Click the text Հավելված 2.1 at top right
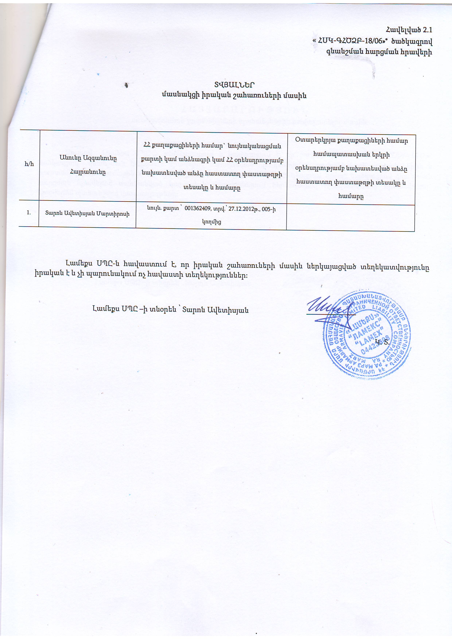409,30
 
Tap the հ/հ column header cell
29,164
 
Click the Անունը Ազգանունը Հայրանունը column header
88,165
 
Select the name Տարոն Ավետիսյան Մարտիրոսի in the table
87,214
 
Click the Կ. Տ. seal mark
382,342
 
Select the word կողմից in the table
211,222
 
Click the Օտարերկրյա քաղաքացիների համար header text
352,140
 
